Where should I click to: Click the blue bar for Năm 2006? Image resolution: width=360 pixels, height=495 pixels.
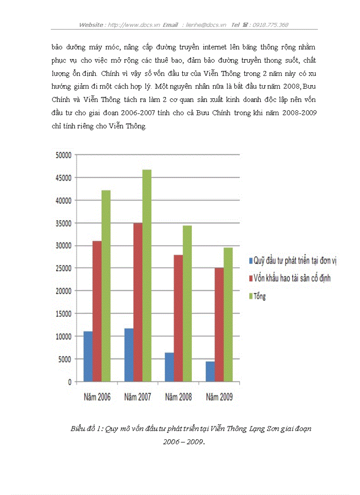click(88, 356)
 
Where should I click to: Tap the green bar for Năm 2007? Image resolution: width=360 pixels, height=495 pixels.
click(147, 275)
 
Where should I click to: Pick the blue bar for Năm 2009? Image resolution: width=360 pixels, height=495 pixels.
click(210, 372)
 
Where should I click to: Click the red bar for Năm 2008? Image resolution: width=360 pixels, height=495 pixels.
click(178, 318)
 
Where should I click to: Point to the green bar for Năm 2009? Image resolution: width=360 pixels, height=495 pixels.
click(228, 314)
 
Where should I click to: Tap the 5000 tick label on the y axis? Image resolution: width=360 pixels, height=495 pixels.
click(64, 359)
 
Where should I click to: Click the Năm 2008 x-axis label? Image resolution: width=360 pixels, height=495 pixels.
click(178, 397)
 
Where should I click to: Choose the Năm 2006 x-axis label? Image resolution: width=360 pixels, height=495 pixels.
click(97, 397)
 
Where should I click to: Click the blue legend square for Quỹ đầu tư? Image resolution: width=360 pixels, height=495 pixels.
click(251, 261)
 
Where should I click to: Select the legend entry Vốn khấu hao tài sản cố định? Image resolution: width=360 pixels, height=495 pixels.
click(292, 278)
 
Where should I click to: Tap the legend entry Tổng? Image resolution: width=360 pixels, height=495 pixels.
click(260, 296)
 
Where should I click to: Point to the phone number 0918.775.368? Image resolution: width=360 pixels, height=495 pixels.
click(270, 25)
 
